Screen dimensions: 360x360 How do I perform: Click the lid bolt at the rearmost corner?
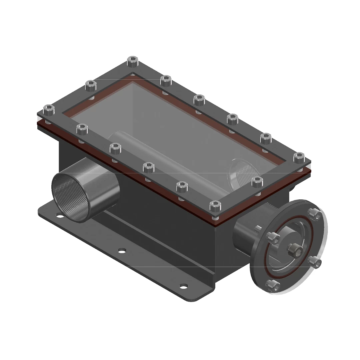point(133,61)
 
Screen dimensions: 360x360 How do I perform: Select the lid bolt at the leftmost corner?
point(49,109)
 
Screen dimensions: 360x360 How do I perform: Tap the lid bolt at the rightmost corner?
point(299,157)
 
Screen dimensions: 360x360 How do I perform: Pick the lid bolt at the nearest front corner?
point(216,206)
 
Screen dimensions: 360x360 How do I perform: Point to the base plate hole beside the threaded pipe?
point(60,216)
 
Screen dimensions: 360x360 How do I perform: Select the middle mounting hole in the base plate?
point(122,250)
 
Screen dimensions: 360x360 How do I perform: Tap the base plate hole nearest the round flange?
point(183,286)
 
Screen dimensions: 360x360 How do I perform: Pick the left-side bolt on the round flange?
point(273,237)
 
